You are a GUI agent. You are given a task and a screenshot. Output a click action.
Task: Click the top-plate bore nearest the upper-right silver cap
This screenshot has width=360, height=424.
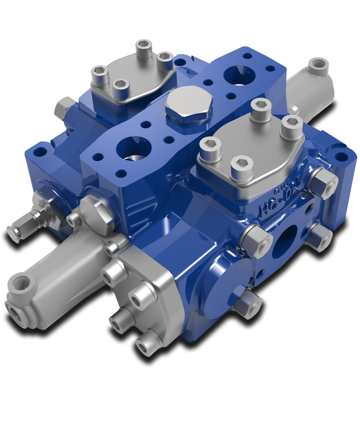point(238,76)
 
